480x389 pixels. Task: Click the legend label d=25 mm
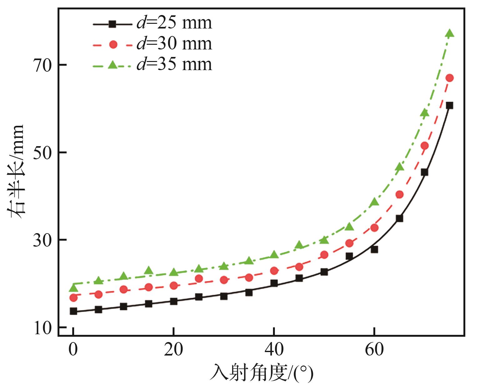pyautogui.click(x=174, y=23)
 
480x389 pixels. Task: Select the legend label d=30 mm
pyautogui.click(x=174, y=44)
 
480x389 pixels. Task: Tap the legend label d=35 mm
pyautogui.click(x=174, y=64)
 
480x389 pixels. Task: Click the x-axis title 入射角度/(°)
pyautogui.click(x=261, y=373)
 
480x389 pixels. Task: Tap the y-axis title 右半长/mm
pyautogui.click(x=16, y=171)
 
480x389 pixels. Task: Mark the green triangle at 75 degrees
pyautogui.click(x=450, y=33)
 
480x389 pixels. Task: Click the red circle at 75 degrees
pyautogui.click(x=450, y=78)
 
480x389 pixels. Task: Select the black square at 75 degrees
pyautogui.click(x=450, y=105)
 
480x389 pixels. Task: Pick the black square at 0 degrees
pyautogui.click(x=73, y=311)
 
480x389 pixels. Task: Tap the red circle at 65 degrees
pyautogui.click(x=399, y=195)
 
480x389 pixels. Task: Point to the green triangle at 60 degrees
pyautogui.click(x=374, y=202)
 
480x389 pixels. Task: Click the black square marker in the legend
pyautogui.click(x=113, y=24)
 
